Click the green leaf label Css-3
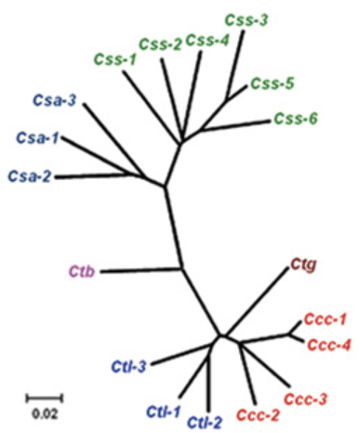tap(247, 21)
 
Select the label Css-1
tap(115, 59)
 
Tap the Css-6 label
tap(296, 119)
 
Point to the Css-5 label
tap(273, 83)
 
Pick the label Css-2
tap(161, 44)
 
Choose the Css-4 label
tap(207, 41)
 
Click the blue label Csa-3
tap(54, 100)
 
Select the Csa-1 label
tap(38, 137)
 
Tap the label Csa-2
tap(30, 176)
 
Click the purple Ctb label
tap(81, 271)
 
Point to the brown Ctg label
tap(304, 265)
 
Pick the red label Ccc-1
tap(324, 320)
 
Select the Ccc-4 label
tap(329, 346)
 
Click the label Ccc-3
tap(305, 400)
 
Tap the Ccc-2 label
tap(259, 414)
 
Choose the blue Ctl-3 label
tap(129, 367)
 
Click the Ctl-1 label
tap(163, 412)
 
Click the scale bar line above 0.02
tap(44, 398)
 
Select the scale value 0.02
tap(45, 414)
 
